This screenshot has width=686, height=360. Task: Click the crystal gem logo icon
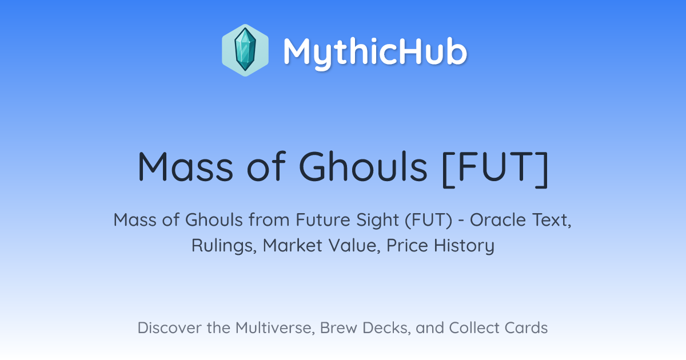(245, 50)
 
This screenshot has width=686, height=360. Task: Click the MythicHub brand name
(375, 52)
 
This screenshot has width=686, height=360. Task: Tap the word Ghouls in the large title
(363, 167)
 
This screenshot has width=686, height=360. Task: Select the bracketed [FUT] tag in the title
(495, 169)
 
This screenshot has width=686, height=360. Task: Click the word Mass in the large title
(186, 167)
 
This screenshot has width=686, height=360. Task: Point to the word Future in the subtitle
(323, 220)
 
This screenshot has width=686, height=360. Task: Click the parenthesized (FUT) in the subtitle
(428, 221)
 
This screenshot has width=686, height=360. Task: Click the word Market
(293, 246)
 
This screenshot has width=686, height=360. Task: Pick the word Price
(407, 246)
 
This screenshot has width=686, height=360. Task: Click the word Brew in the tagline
(338, 328)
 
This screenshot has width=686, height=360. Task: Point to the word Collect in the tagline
(474, 328)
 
